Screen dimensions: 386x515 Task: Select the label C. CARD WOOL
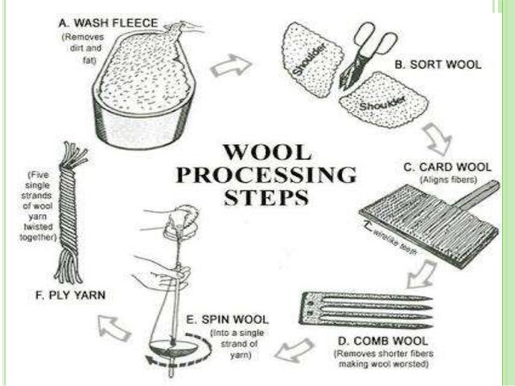[x=442, y=167]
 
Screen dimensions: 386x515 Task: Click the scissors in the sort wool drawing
[x=364, y=60]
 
